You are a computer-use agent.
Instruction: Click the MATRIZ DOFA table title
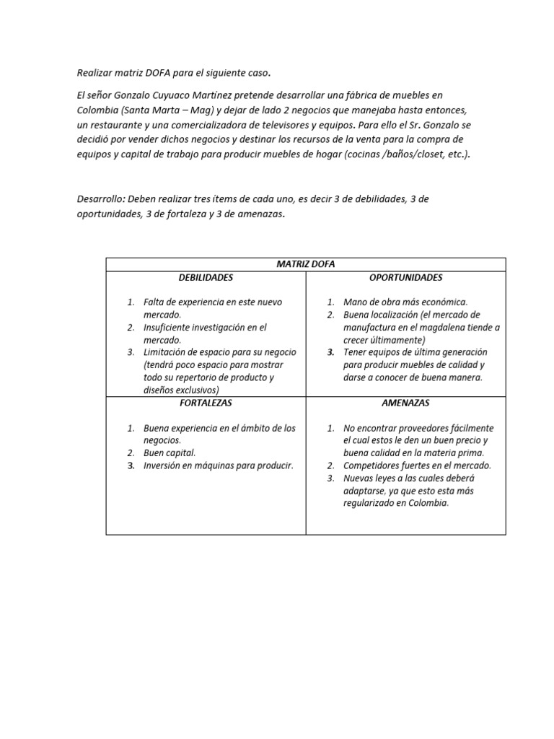pyautogui.click(x=306, y=264)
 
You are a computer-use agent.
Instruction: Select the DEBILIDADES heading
pyautogui.click(x=206, y=277)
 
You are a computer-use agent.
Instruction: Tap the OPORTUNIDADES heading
pyautogui.click(x=405, y=277)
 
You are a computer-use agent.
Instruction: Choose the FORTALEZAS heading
pyautogui.click(x=206, y=403)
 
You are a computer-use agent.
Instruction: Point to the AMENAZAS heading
pyautogui.click(x=405, y=403)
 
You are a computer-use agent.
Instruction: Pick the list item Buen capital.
pyautogui.click(x=169, y=453)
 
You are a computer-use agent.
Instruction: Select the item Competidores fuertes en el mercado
pyautogui.click(x=417, y=465)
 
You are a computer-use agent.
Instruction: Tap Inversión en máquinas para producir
pyautogui.click(x=218, y=465)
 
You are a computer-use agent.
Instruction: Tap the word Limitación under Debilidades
pyautogui.click(x=166, y=352)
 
